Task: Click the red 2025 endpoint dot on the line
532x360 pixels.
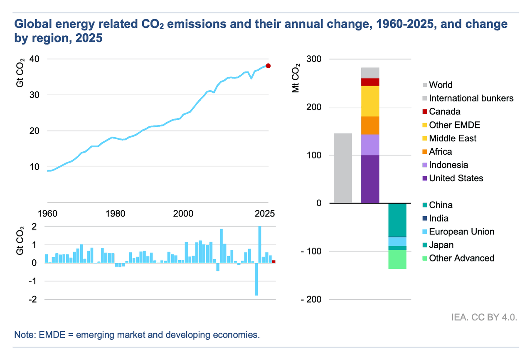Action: click(268, 66)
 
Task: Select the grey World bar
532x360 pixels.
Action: click(343, 168)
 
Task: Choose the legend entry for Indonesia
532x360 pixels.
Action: click(448, 165)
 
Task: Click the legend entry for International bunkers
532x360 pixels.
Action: click(471, 99)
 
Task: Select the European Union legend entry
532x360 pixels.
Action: click(461, 232)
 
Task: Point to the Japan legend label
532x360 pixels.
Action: click(441, 245)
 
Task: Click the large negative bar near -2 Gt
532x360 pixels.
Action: click(256, 279)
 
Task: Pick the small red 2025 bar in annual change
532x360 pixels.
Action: click(273, 261)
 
